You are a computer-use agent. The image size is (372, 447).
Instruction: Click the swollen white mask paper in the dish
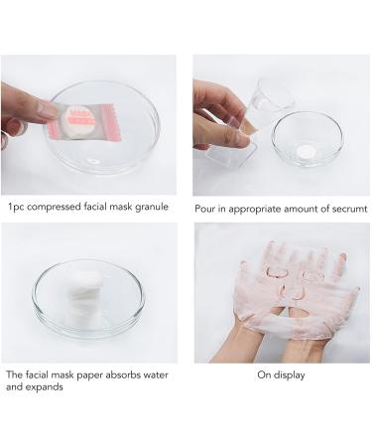82,299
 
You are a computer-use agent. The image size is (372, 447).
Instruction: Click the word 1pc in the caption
14,209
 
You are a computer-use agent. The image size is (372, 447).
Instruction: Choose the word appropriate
251,209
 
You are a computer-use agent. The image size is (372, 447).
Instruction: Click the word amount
301,209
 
